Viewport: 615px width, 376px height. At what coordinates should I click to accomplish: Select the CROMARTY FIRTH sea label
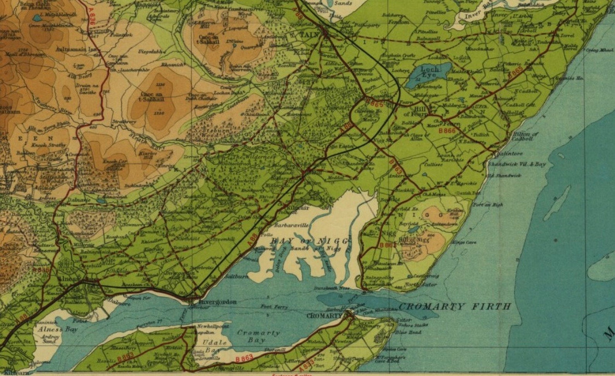pos(455,307)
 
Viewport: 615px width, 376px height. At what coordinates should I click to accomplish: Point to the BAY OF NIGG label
pos(309,241)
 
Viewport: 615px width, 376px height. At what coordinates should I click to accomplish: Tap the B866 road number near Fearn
pos(447,131)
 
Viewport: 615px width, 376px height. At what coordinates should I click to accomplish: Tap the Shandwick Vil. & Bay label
pos(517,164)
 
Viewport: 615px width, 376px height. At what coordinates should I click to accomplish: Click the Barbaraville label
pos(291,225)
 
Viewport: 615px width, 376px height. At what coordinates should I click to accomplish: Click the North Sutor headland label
pos(421,285)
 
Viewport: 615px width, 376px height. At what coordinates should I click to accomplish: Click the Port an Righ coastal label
pos(488,205)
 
